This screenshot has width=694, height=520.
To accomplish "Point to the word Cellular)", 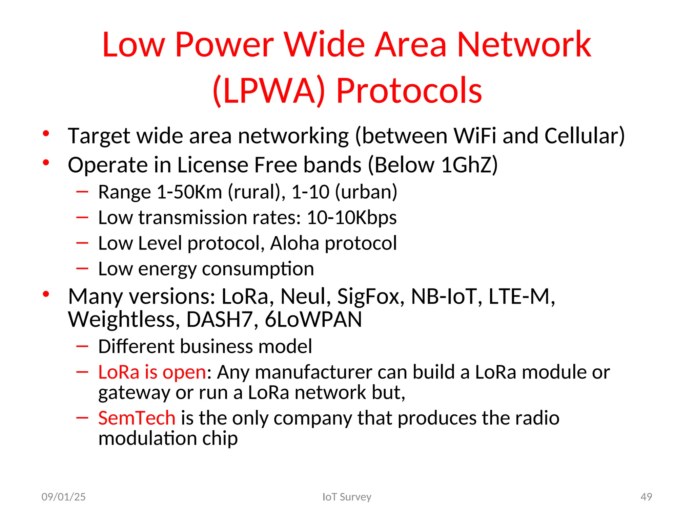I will (x=585, y=136).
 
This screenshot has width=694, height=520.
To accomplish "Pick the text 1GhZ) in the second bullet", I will (x=469, y=165).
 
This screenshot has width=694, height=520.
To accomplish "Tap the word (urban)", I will (x=366, y=192).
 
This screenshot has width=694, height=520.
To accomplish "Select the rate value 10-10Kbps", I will (x=351, y=217).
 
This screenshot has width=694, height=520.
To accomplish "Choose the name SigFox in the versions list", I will (x=371, y=297).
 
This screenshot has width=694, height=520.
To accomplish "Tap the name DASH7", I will (x=219, y=319).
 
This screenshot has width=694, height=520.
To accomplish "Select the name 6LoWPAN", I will (x=313, y=319).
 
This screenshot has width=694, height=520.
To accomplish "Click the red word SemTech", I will (x=137, y=418).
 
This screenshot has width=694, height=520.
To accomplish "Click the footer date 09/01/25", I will (x=63, y=497).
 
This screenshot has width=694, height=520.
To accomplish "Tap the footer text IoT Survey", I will (x=347, y=497).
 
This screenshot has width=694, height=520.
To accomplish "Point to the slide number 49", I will (x=646, y=497).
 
